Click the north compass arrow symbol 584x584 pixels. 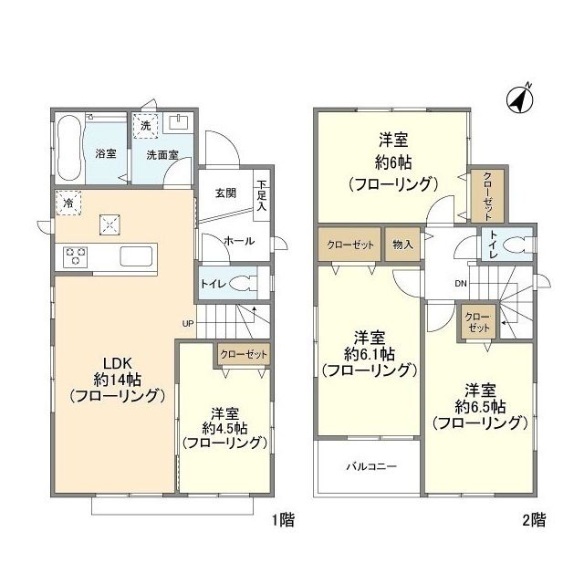(x=521, y=97)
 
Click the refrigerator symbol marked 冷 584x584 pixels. (x=68, y=202)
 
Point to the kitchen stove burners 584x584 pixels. (x=75, y=256)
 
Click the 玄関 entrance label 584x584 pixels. (x=225, y=193)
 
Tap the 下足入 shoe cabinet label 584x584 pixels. (x=262, y=196)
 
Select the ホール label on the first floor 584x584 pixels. (x=239, y=241)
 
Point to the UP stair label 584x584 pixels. (x=188, y=323)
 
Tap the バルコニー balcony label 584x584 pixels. (x=370, y=465)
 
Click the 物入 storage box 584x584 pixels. (x=402, y=245)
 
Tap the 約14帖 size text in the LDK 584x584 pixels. (x=115, y=378)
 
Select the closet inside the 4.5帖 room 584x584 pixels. (x=244, y=353)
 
